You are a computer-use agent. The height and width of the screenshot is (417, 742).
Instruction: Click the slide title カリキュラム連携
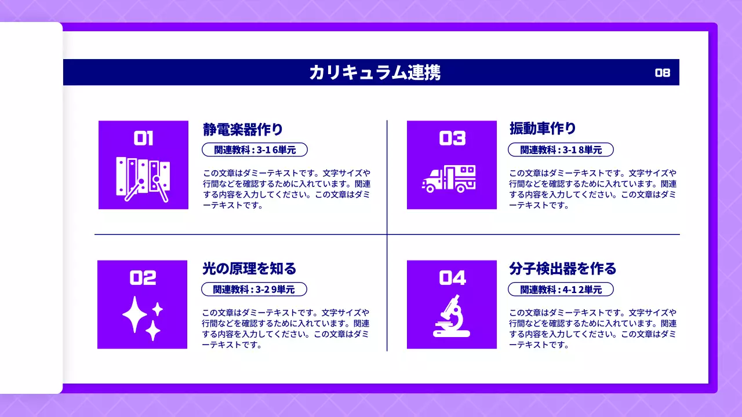[374, 72]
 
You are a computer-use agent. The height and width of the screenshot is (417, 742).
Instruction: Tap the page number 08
[663, 72]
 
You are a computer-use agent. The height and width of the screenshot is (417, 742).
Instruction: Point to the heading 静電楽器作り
[243, 129]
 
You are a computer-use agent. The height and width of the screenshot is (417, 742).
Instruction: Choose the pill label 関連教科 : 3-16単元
[254, 150]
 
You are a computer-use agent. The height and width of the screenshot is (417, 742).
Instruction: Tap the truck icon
[449, 178]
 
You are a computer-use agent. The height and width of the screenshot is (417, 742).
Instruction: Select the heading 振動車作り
[543, 129]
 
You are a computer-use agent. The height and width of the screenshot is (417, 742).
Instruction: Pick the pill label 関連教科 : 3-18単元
[561, 150]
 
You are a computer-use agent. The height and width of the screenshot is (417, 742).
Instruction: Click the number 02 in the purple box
[143, 278]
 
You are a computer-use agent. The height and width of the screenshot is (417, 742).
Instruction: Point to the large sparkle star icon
[134, 314]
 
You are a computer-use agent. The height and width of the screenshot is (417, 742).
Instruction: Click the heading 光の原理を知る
[249, 269]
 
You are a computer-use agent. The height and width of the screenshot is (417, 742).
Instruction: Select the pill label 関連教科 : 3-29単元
[254, 290]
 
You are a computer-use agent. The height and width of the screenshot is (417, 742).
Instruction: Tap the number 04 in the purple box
[452, 278]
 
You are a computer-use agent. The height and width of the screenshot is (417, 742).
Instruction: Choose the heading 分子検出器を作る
[562, 269]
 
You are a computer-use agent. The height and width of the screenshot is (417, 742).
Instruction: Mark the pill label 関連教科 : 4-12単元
[561, 290]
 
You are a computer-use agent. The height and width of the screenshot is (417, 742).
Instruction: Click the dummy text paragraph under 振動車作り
[592, 189]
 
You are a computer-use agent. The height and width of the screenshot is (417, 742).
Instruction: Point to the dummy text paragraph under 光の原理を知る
[285, 328]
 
